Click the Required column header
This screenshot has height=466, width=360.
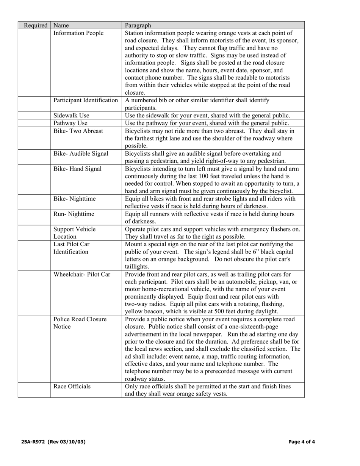click(36, 26)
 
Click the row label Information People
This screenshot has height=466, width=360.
click(78, 33)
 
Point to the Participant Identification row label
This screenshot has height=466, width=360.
click(86, 100)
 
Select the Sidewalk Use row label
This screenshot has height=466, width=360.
click(72, 116)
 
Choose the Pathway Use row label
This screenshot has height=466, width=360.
click(71, 123)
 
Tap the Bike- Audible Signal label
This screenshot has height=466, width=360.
click(81, 154)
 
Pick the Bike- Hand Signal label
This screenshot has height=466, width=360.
click(78, 169)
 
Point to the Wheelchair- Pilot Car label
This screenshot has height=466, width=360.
click(82, 274)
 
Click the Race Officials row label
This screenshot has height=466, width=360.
click(72, 386)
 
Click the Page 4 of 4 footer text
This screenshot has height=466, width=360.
click(302, 442)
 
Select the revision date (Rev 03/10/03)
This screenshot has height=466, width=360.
click(67, 442)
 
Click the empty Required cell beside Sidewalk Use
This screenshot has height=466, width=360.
click(34, 116)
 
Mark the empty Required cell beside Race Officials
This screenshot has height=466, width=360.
click(34, 390)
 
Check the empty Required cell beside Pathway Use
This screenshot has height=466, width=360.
click(34, 123)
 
